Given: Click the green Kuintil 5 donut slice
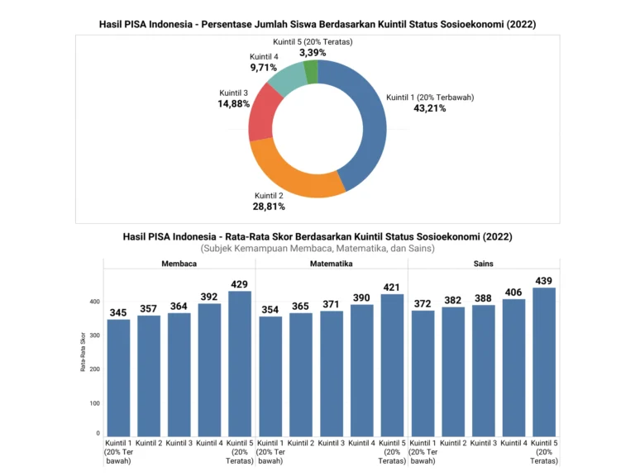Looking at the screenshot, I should tap(311, 72).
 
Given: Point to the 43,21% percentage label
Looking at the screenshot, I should tap(430, 108).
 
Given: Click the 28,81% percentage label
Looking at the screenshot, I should tap(270, 206).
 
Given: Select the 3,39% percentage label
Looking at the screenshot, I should tap(311, 53).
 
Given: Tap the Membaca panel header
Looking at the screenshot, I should tap(179, 264).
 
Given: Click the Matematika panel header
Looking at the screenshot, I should tap(332, 264).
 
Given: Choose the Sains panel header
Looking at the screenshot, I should tap(484, 264).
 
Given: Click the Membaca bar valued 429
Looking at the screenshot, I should tap(239, 364).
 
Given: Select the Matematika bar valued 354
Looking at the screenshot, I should tap(271, 376).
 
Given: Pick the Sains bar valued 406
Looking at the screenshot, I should tap(513, 368).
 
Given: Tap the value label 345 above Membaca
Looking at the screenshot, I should tap(119, 313).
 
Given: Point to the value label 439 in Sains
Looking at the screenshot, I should tap(544, 281).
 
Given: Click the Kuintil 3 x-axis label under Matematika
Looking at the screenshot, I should tap(332, 444).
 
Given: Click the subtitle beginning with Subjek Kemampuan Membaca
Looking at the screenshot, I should tap(317, 248).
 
